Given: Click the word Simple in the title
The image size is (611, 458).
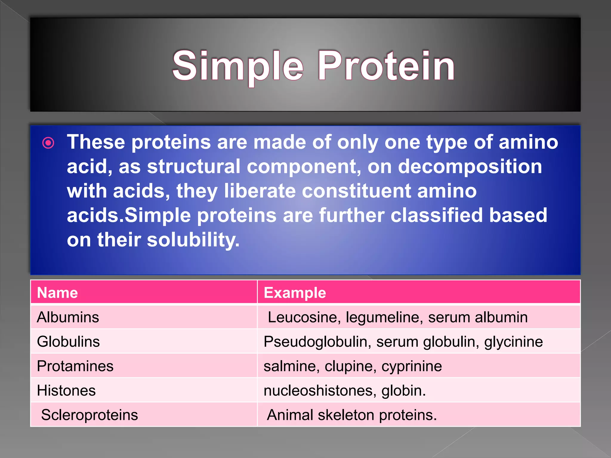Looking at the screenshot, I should [238, 66].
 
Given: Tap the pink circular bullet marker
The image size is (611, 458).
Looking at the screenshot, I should [48, 143].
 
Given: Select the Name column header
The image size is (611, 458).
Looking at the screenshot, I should [57, 293].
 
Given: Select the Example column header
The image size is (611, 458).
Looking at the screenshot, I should [295, 293].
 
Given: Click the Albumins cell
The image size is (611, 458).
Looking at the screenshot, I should [68, 317].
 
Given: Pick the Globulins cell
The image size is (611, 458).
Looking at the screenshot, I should [68, 341].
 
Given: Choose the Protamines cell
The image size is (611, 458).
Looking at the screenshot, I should [75, 366].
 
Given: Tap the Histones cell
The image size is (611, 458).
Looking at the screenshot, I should [66, 390].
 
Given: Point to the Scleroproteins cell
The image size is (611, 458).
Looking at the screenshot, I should [90, 415].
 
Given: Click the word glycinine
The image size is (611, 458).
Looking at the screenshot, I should [513, 342].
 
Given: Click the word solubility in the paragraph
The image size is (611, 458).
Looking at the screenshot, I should [193, 240].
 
